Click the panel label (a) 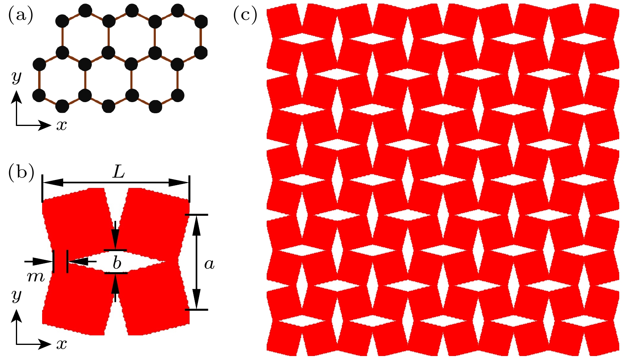coord(21,15)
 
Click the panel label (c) coord(245,15)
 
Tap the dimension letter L coord(118,173)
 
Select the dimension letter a coord(209,264)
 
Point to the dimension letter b coord(117,263)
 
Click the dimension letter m coord(36,277)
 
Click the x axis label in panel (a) coord(62,126)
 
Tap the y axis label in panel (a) coord(16,77)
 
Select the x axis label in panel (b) coord(62,345)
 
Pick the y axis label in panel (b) coord(16,296)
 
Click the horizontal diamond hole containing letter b coord(116,262)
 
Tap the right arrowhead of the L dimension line coord(179,183)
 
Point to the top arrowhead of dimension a coord(197,225)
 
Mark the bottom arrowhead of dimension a coord(197,299)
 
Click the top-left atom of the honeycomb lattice coord(62,21)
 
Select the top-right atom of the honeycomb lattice coord(201,21)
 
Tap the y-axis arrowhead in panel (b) coord(16,316)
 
